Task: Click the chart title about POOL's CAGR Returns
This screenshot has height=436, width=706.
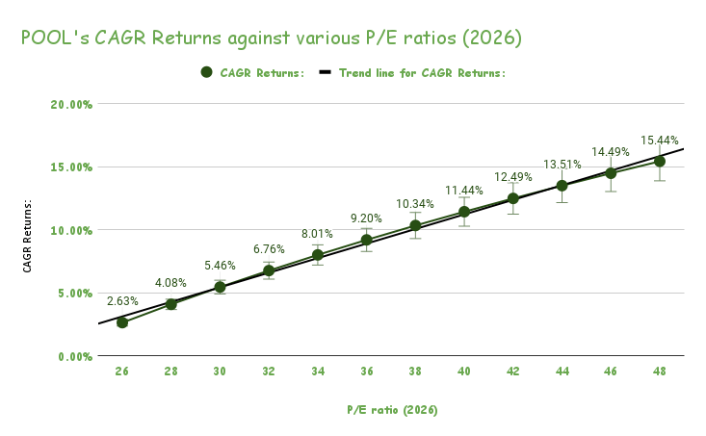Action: [x=272, y=38]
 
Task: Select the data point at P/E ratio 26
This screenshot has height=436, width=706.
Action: [x=122, y=322]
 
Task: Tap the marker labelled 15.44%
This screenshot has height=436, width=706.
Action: [x=660, y=161]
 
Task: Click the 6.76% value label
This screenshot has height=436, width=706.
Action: [x=269, y=249]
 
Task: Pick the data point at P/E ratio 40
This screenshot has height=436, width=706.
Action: [x=464, y=212]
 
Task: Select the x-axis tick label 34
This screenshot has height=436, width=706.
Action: [x=318, y=371]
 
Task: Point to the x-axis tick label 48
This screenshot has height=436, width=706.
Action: [x=660, y=371]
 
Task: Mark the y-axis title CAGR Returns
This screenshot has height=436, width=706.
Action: [x=29, y=237]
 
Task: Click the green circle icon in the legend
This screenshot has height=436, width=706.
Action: [x=207, y=72]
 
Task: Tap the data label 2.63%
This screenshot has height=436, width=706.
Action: [x=122, y=300]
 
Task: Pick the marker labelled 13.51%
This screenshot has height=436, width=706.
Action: [x=562, y=186]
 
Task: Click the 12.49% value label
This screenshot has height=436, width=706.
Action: [x=512, y=176]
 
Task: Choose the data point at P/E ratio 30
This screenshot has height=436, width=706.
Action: [x=220, y=287]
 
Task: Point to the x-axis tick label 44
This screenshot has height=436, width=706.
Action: [x=562, y=371]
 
